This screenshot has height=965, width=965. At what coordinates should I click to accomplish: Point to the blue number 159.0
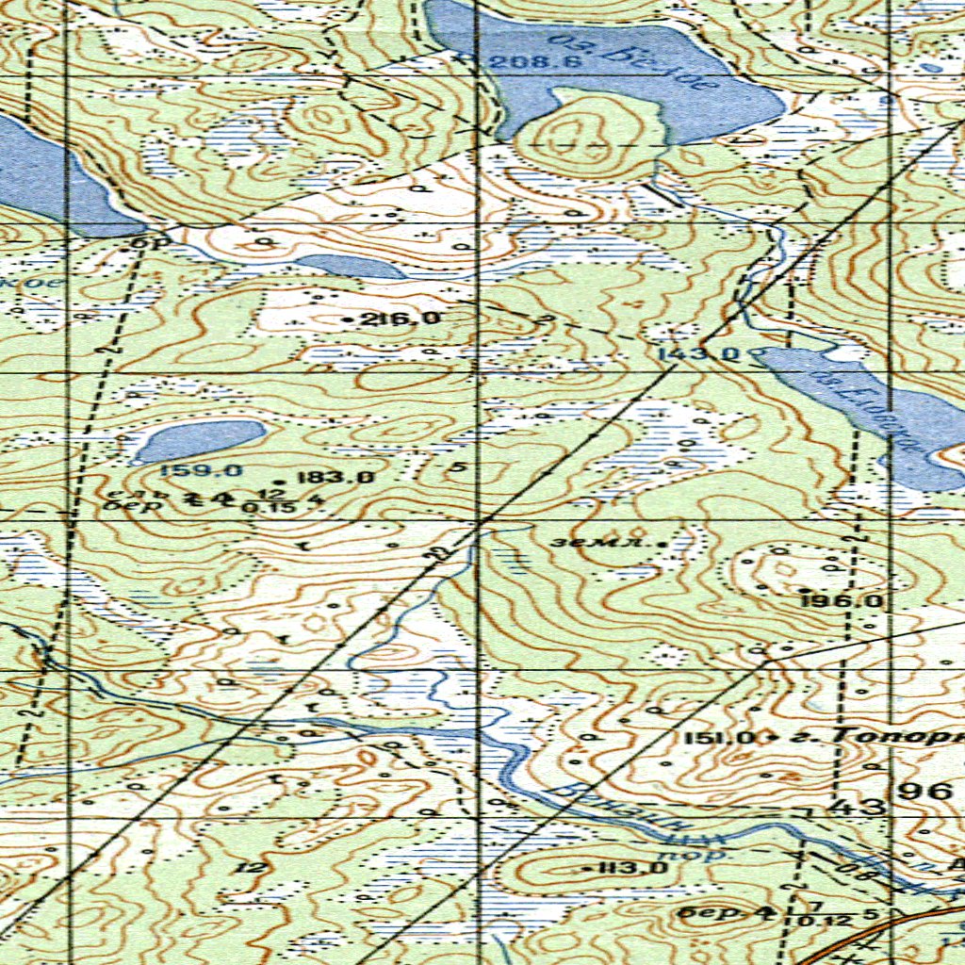(x=188, y=470)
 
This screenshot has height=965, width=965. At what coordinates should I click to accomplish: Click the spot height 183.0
(x=336, y=478)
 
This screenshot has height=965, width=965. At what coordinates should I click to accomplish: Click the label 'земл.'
(x=581, y=543)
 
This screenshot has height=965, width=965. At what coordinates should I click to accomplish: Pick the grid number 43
(x=858, y=807)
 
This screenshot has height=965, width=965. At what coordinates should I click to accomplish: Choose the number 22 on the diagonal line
(x=434, y=556)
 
